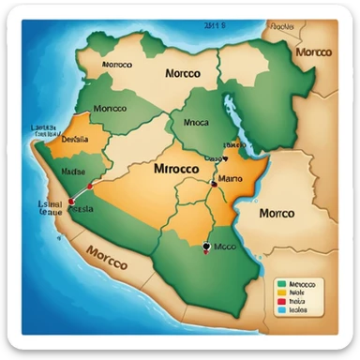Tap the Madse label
coord(74,172)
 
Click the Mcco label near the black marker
coord(226,248)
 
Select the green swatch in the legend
coord(280,281)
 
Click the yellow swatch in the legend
coord(280,291)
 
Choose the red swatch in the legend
coord(280,300)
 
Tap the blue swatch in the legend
coord(280,309)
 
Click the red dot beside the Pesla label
coord(68,200)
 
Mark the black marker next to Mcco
coord(205,248)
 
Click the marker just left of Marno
coord(214,185)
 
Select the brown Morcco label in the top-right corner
coord(314,52)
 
